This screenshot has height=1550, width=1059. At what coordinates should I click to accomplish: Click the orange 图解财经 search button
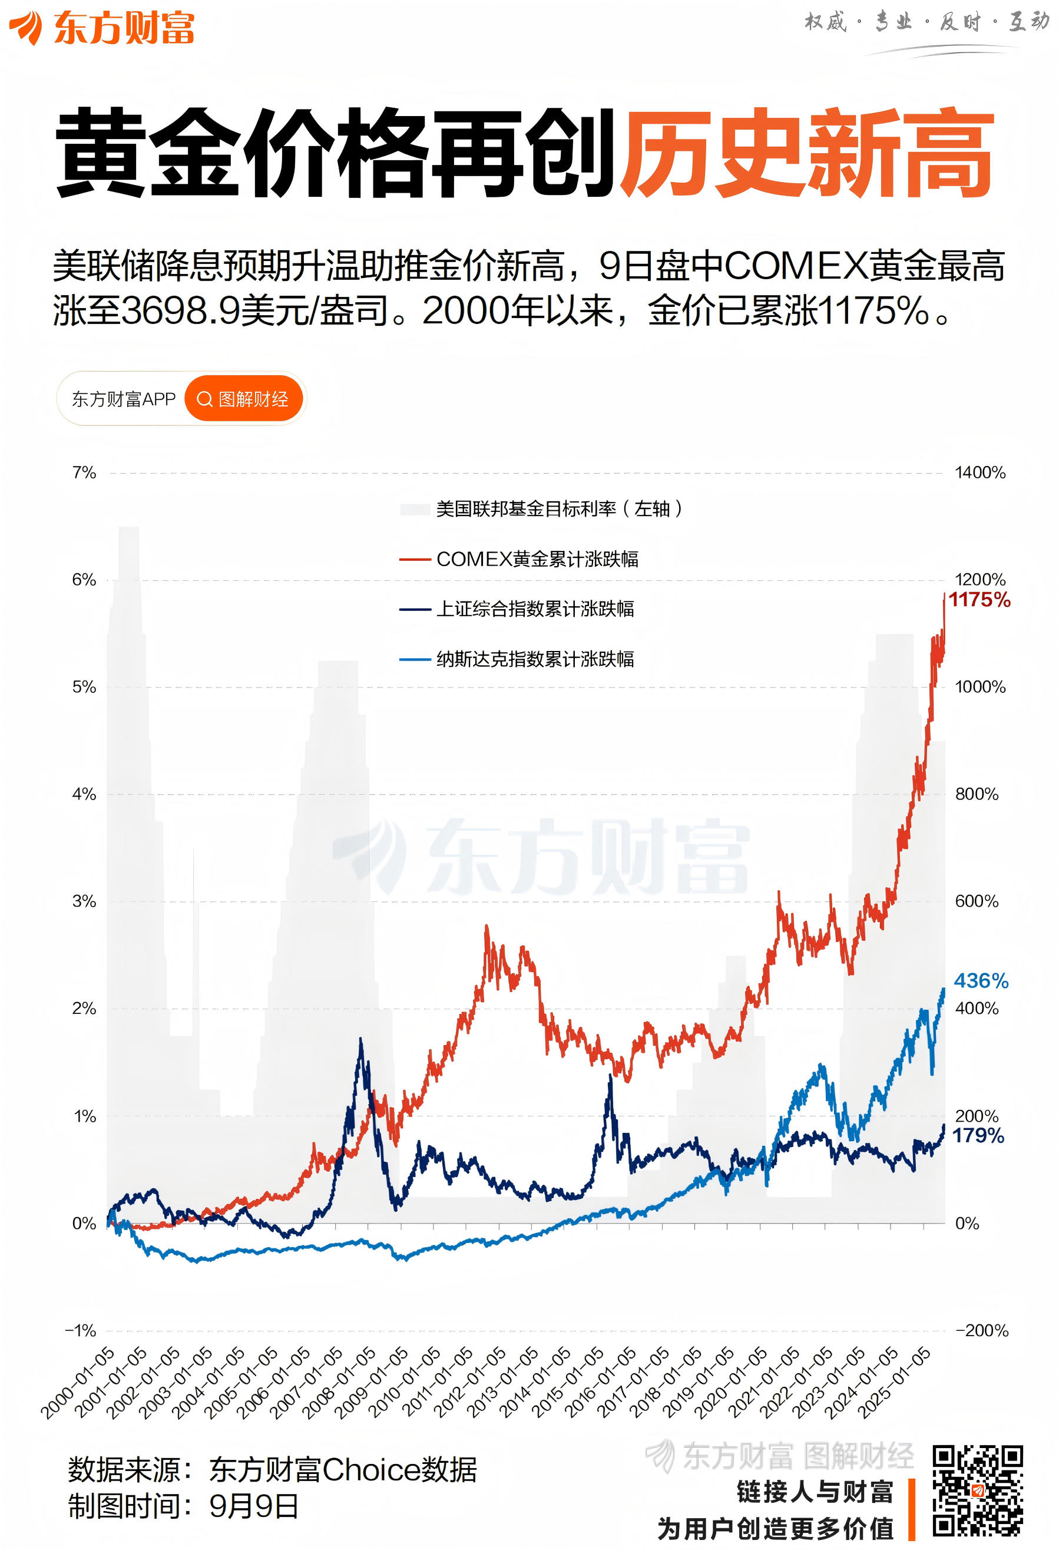tap(243, 399)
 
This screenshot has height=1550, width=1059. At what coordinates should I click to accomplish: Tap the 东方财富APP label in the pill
tap(123, 399)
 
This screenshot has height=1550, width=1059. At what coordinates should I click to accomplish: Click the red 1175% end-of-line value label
tap(979, 600)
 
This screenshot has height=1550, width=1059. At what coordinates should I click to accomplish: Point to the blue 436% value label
tap(980, 980)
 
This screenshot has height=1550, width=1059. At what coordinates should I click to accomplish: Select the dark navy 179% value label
tap(978, 1135)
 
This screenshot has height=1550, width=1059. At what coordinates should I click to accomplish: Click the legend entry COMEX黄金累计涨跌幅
tap(536, 559)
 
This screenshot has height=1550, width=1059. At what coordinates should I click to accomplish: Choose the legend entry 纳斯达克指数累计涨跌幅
tap(534, 659)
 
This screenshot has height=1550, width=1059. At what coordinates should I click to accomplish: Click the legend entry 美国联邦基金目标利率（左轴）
tap(559, 509)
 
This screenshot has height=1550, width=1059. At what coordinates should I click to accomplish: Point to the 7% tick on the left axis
tap(84, 473)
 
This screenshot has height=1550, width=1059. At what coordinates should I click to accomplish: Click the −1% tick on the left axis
tap(81, 1331)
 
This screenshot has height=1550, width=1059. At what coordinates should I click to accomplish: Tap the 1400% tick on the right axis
tap(979, 473)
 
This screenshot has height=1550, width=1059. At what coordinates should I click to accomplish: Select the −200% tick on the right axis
tap(982, 1331)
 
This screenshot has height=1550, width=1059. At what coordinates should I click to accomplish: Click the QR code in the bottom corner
tap(978, 1490)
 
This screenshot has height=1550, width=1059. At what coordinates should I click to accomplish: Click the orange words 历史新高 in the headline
tap(807, 153)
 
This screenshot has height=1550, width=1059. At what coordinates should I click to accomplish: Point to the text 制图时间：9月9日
tap(183, 1506)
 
